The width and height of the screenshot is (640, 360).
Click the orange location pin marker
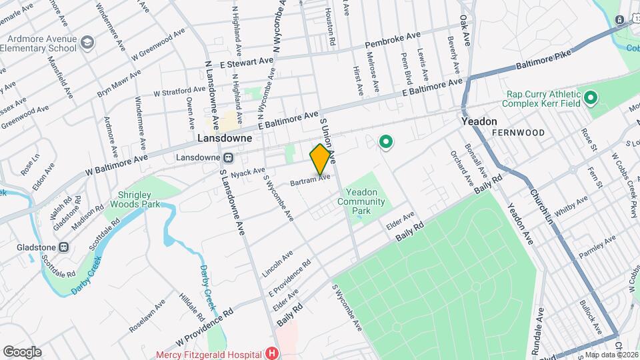coord(320,159)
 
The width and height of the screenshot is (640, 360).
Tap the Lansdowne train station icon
coord(228,158)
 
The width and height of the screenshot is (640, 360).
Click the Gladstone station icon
coord(64,247)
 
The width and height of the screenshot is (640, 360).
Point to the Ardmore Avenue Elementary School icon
coord(87,43)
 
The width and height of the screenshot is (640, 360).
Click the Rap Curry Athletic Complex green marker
coord(590,99)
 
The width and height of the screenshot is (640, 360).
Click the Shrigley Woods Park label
coord(135,199)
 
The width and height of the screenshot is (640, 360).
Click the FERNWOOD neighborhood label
coord(518,133)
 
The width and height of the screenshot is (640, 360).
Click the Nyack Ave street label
coord(249,171)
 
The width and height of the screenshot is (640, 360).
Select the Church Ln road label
coord(541,204)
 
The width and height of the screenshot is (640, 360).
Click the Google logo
coord(22,351)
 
